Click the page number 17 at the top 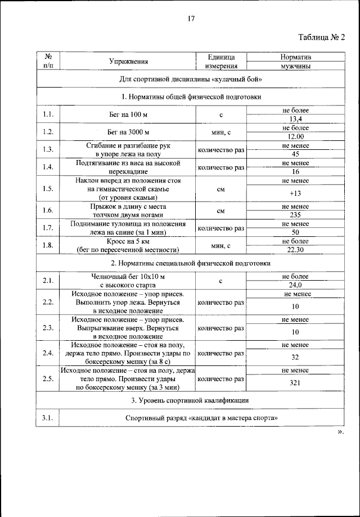click(x=191, y=19)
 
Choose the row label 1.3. click(x=48, y=149)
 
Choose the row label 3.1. click(x=48, y=418)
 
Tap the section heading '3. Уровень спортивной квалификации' click(x=190, y=400)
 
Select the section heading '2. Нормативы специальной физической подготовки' click(x=190, y=263)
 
